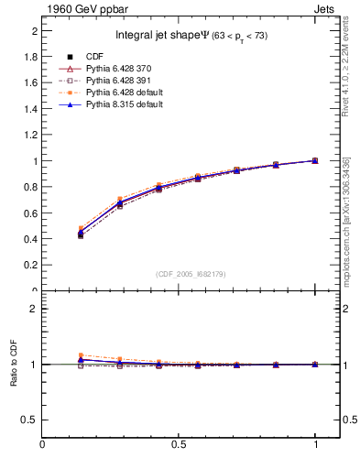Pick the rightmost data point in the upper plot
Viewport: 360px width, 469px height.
(x=315, y=160)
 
